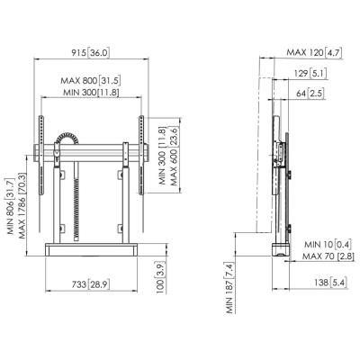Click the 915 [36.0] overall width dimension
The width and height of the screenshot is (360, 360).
(x=90, y=53)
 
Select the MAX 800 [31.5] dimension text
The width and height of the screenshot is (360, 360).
(x=91, y=80)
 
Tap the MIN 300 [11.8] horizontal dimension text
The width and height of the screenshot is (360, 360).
(x=91, y=92)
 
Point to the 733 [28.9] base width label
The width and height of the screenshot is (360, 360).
(x=90, y=284)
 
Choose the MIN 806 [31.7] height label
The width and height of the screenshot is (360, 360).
(x=11, y=206)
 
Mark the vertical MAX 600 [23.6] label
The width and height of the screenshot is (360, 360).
(x=175, y=156)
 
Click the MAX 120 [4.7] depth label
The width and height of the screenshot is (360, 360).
(x=314, y=52)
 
